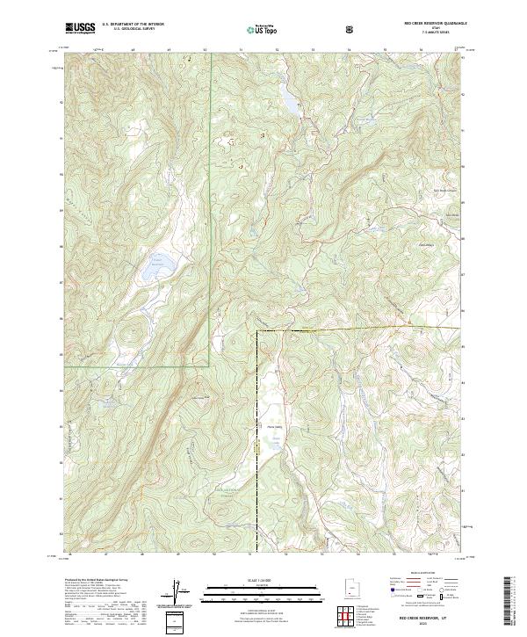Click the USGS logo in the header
(80, 28)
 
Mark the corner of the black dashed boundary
(256, 330)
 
